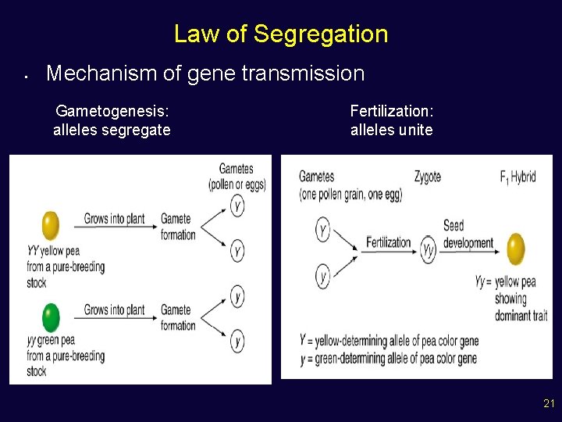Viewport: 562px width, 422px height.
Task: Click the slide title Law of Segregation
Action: coord(280,34)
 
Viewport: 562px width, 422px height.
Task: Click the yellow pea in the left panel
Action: coord(51,226)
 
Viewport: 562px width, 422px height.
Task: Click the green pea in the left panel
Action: coord(51,318)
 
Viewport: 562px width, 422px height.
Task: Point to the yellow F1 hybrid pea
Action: coord(516,249)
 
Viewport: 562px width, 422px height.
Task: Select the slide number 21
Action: coord(549,404)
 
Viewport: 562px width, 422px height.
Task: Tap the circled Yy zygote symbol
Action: coord(429,249)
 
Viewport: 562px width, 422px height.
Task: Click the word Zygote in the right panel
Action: coord(427,177)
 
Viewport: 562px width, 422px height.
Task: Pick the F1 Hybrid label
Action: coord(518,177)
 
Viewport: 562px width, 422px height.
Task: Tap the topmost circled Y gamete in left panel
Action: coord(237,206)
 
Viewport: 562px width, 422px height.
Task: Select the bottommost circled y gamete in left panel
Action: coord(237,341)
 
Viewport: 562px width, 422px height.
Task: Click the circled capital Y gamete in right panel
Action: coord(323,230)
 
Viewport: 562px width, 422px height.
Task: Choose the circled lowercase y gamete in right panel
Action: coord(323,275)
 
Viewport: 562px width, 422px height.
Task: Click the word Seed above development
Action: coord(454,226)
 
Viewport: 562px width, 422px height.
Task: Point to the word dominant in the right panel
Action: coord(510,316)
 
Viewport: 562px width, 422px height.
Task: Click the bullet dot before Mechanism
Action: coord(26,77)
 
